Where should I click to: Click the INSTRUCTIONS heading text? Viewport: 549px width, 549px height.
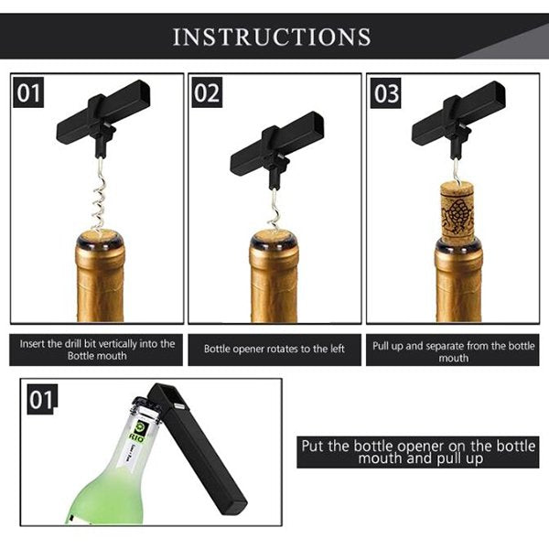point(272,37)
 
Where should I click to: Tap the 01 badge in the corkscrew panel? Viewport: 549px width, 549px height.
point(28,92)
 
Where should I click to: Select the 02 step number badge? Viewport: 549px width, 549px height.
point(207,92)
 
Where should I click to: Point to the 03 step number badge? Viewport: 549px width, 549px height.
point(386,93)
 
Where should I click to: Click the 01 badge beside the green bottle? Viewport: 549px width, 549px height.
point(42,400)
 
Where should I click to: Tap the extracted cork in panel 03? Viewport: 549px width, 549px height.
point(457,212)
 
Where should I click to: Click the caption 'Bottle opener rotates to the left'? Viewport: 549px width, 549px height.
point(274,350)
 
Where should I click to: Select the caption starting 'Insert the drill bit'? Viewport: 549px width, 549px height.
point(97,350)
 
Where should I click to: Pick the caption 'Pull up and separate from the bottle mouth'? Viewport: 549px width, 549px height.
point(454,351)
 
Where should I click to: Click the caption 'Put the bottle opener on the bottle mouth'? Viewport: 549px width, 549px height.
point(418,452)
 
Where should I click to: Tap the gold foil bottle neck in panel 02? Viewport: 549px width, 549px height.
point(274,276)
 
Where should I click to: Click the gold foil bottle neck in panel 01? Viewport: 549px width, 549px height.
point(100,276)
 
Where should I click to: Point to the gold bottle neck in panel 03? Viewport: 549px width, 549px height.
point(458,279)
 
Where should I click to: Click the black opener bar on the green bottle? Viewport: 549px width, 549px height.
point(197,449)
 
